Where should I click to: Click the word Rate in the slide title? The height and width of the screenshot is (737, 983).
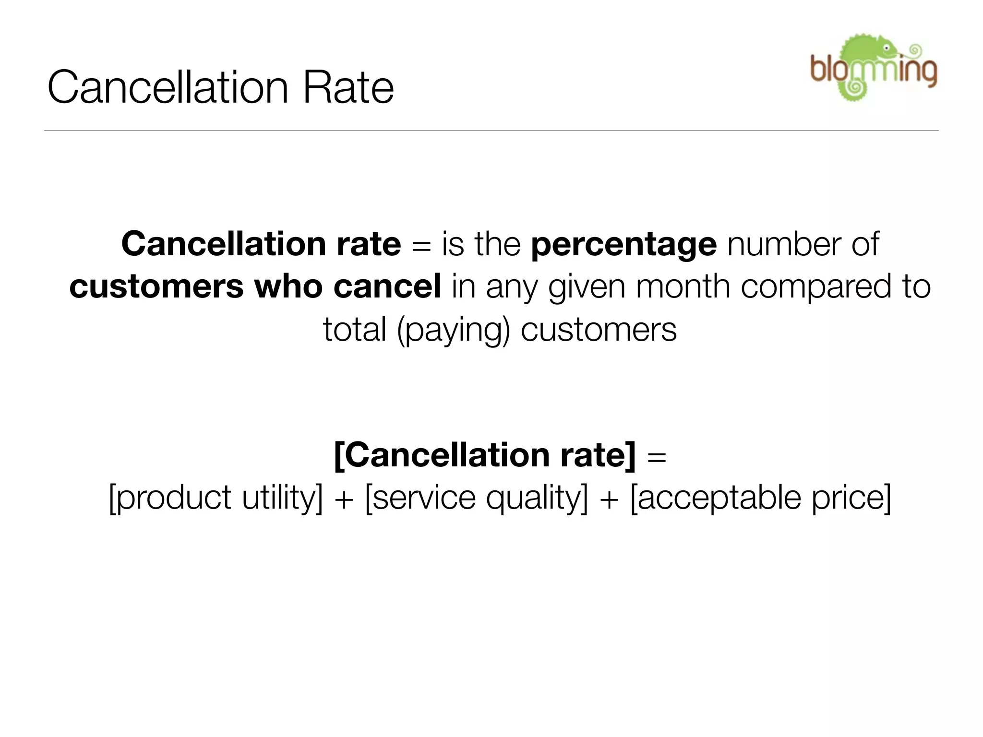click(x=348, y=87)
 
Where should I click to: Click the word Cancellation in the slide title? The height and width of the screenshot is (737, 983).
click(x=168, y=87)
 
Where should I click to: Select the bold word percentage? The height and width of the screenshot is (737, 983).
click(x=623, y=244)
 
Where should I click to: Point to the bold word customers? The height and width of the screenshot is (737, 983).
click(x=156, y=286)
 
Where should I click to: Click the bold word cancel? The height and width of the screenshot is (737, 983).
click(x=387, y=286)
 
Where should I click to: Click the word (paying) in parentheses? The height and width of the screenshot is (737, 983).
click(x=453, y=331)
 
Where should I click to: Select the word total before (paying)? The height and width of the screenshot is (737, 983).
click(x=355, y=330)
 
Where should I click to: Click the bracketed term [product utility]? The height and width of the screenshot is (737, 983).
click(x=216, y=498)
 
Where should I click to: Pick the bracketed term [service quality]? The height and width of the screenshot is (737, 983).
click(x=476, y=498)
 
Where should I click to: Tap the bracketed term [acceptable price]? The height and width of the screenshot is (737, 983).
click(x=761, y=498)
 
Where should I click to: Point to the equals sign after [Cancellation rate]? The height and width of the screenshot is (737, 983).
click(x=657, y=456)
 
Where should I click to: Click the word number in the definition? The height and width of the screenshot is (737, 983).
click(x=784, y=244)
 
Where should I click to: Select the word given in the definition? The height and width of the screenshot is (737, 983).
click(x=587, y=287)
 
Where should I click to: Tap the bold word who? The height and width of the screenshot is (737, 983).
click(x=288, y=286)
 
